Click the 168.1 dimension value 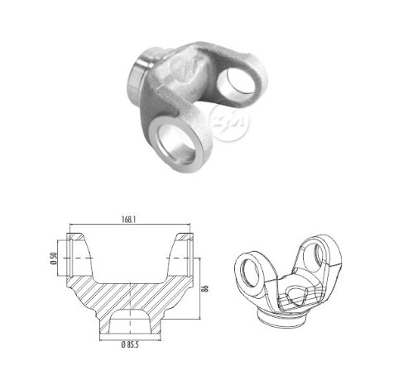tap(129, 219)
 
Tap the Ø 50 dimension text tap(54, 258)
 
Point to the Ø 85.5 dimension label tap(130, 344)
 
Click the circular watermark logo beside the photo tap(229, 121)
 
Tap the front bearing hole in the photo tap(175, 142)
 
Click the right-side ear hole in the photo tap(237, 84)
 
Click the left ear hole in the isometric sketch tap(250, 273)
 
